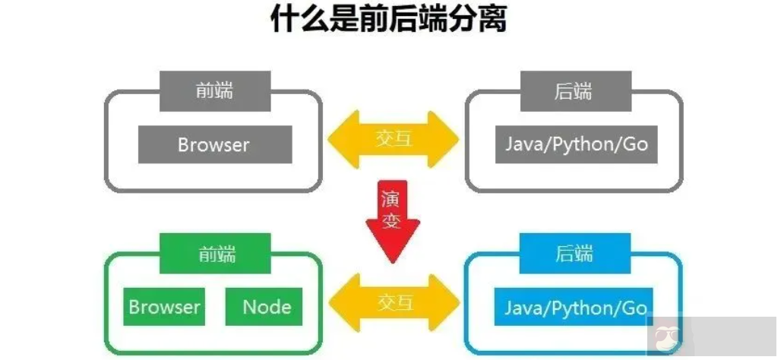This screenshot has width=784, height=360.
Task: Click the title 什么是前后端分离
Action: click(388, 19)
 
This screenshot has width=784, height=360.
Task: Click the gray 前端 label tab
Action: click(214, 91)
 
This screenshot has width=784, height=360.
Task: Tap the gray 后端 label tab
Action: click(575, 91)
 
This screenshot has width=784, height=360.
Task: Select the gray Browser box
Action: click(214, 144)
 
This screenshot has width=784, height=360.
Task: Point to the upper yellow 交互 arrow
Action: click(394, 139)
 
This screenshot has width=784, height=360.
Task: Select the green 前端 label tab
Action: click(216, 254)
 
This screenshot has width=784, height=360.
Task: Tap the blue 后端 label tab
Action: click(575, 254)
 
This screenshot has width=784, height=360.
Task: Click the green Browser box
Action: click(164, 307)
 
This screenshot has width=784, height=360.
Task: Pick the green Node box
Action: click(267, 307)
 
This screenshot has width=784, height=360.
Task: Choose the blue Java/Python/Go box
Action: click(576, 308)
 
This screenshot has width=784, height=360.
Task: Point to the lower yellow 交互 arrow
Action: click(394, 303)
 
